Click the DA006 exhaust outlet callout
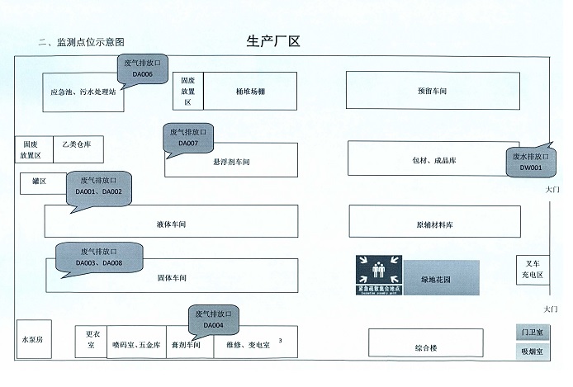pos(143,68)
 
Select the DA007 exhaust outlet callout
pos(188,137)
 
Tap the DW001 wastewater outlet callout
pos(530,162)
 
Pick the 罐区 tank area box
pos(39,182)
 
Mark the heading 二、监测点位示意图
pos(82,42)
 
